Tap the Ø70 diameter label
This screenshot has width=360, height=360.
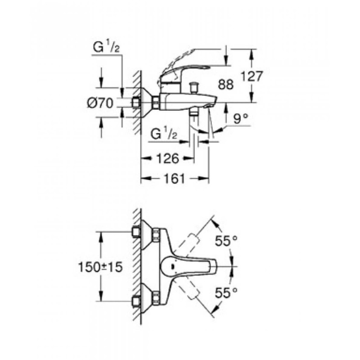99,103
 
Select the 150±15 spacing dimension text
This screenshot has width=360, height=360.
100,267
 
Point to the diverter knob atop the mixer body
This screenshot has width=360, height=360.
195,86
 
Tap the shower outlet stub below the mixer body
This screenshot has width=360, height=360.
194,112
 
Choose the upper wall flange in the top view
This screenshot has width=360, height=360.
147,234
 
